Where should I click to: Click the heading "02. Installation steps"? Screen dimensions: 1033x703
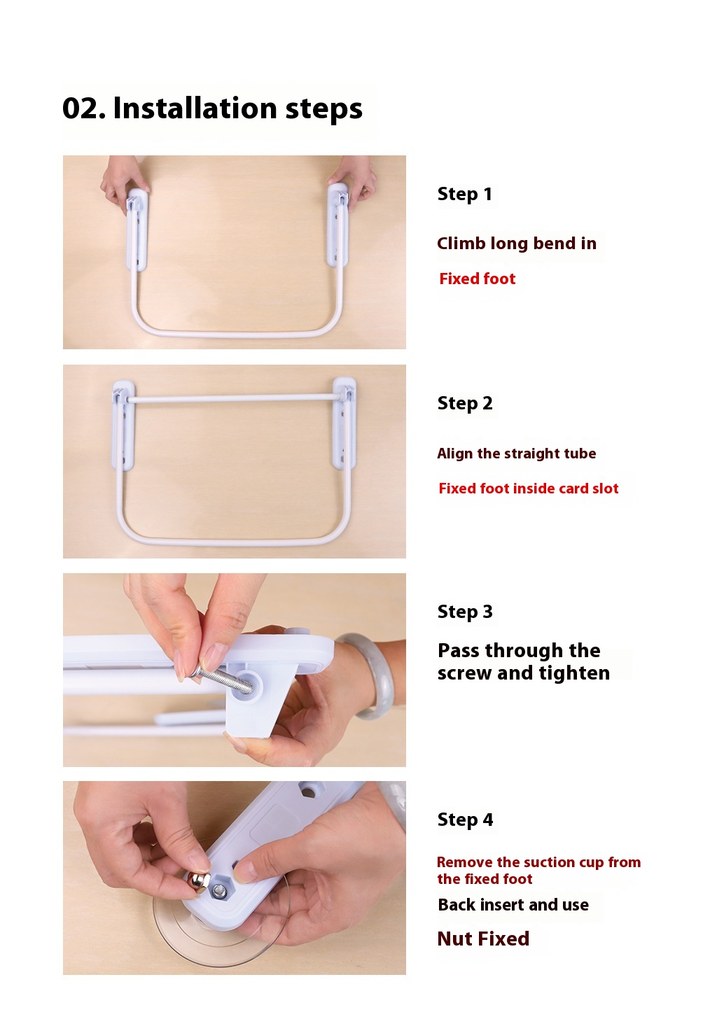point(212,108)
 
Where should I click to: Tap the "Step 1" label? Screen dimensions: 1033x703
point(464,194)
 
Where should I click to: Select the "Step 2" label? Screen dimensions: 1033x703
point(464,403)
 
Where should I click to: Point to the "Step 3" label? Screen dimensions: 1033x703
point(464,612)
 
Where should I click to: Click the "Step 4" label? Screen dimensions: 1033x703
point(464,820)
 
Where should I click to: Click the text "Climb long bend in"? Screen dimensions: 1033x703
point(516,244)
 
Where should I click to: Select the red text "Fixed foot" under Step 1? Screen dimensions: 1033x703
point(477,279)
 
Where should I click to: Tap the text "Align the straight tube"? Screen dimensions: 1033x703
point(516,454)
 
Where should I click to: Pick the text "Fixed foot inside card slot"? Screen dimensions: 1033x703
point(528,489)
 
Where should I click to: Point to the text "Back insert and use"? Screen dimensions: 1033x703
point(513,905)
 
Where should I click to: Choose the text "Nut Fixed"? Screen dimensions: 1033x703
point(482,939)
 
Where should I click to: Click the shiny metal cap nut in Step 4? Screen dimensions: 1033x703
point(197,883)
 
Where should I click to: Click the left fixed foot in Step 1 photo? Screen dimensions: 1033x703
point(137,227)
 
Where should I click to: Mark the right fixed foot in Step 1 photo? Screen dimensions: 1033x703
point(338,224)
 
